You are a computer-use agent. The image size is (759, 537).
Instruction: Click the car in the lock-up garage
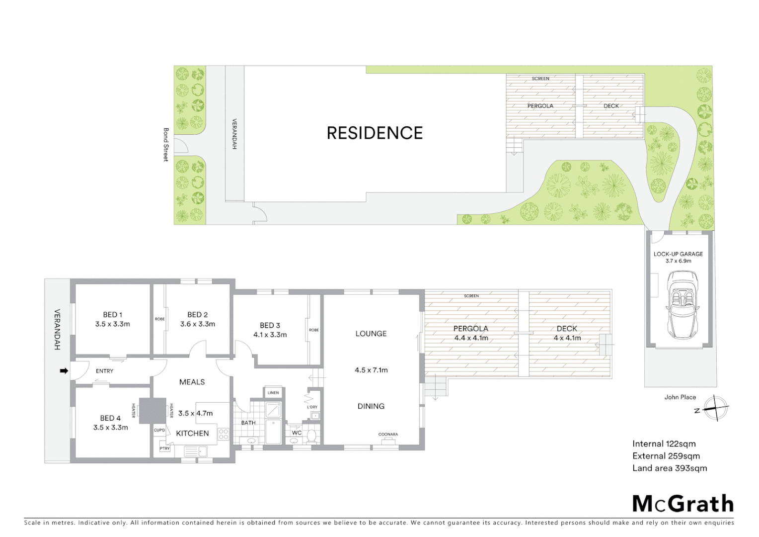[681, 304]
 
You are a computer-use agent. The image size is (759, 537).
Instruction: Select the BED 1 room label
[113, 314]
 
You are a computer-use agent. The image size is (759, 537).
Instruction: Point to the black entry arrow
[64, 371]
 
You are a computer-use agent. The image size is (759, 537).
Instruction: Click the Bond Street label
[166, 145]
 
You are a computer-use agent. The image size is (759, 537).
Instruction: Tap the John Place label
[680, 397]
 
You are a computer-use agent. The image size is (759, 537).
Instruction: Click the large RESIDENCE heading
[375, 133]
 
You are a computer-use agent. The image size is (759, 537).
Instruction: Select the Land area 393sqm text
[669, 468]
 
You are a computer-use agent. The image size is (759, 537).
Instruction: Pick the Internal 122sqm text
[664, 444]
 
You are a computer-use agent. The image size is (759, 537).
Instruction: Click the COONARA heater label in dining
[388, 434]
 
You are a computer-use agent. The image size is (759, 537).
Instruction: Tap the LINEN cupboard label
[273, 393]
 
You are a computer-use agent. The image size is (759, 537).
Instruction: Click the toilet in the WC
[312, 436]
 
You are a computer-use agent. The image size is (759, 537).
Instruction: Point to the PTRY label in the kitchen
[164, 448]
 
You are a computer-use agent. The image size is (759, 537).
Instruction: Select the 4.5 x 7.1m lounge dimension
[371, 370]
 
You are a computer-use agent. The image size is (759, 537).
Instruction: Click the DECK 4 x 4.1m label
[567, 333]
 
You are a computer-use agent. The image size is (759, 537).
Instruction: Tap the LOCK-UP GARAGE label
[678, 254]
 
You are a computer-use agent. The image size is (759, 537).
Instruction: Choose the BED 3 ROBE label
[314, 330]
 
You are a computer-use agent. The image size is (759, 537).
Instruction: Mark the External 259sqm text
[666, 456]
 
